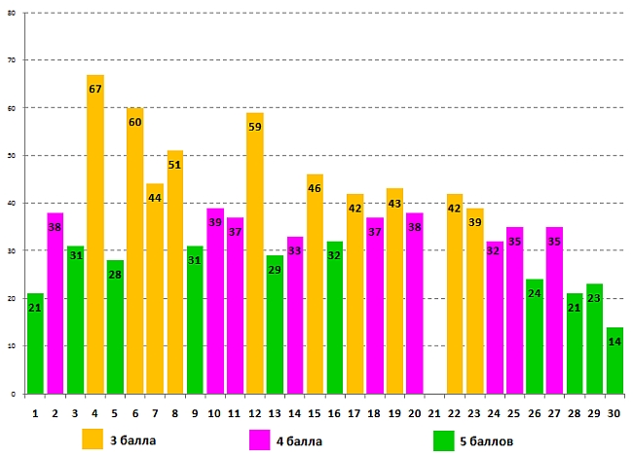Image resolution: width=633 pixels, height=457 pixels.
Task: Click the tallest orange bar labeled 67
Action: pos(94,234)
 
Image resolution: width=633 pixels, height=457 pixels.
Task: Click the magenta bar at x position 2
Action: pos(55,303)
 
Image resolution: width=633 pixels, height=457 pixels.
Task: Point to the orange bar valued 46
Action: pos(315,284)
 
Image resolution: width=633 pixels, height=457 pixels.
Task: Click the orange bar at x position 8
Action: pos(175,272)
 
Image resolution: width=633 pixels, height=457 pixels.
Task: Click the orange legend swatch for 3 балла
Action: pos(93,439)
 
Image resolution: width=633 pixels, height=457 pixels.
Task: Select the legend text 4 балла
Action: pos(299,441)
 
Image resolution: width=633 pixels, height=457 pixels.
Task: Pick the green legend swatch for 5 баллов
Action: pos(444,439)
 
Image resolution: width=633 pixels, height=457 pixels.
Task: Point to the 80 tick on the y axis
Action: pos(13,13)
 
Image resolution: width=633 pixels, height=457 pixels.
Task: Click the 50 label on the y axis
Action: pos(13,156)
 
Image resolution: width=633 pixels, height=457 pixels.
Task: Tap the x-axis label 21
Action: pos(434,413)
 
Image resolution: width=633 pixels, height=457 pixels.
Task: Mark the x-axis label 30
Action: pos(614,413)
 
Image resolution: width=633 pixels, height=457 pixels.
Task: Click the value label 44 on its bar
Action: pos(155,199)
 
